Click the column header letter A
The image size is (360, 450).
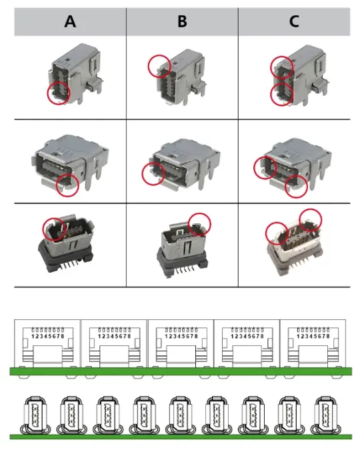pos(70,21)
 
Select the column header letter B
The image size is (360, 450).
pos(182,21)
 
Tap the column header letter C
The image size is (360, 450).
pos(294,21)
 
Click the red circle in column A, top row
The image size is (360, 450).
pos(58,93)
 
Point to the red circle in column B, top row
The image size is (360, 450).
pos(159,65)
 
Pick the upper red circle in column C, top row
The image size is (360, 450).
pos(281,67)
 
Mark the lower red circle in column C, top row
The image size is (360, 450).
pos(282,95)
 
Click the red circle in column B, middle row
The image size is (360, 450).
pos(154,173)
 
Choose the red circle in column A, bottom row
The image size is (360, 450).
pos(54,228)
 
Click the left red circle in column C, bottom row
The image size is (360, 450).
pos(277,233)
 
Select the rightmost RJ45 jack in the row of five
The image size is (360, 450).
pos(313,342)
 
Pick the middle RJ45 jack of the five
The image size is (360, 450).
pos(179,342)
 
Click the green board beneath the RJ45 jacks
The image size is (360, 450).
pos(180,371)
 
